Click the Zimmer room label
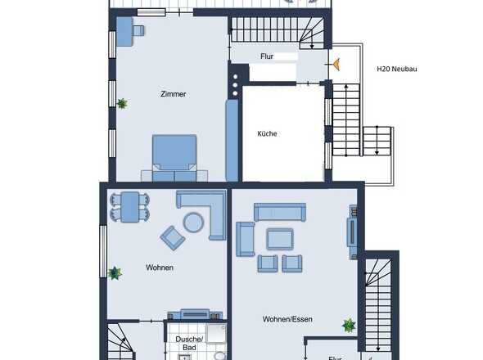(173, 94)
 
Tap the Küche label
(267, 133)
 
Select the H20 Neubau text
(397, 69)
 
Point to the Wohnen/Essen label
(287, 319)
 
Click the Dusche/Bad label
(189, 344)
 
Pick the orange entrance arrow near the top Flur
(336, 65)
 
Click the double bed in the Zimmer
(174, 158)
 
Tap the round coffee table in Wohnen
(193, 223)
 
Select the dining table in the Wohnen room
(129, 207)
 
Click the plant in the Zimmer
(122, 103)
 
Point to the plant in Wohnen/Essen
(349, 326)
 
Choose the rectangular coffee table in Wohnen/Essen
(280, 239)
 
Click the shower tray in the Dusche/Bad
(217, 333)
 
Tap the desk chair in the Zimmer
(138, 30)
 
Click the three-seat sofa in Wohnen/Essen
(280, 212)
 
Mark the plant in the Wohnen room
(115, 272)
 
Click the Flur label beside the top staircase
(267, 56)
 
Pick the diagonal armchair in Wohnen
(173, 238)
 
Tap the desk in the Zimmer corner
(124, 31)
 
